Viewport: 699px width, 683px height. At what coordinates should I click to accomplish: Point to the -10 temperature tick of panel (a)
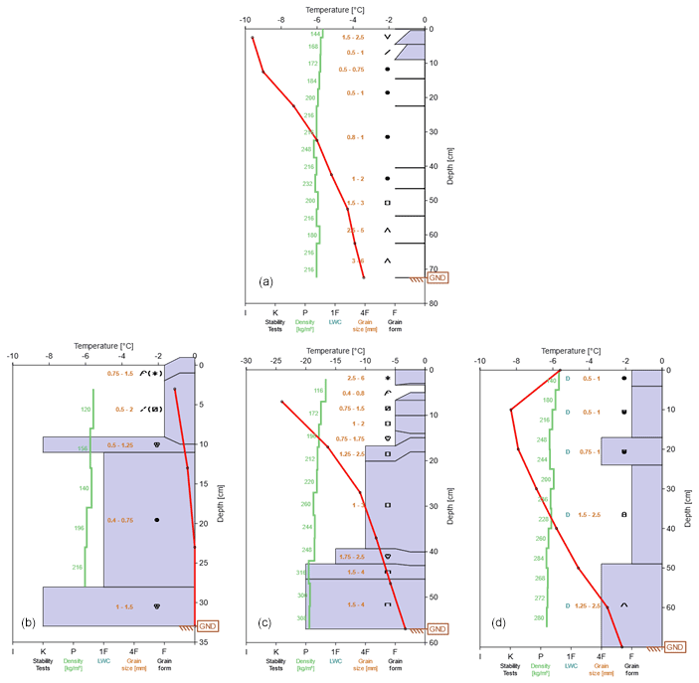coord(245,19)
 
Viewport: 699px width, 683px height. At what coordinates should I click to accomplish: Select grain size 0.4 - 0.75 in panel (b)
coord(123,520)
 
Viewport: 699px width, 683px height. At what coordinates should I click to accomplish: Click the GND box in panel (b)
coord(207,625)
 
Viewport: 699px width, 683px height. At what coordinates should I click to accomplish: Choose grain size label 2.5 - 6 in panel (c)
coord(356,379)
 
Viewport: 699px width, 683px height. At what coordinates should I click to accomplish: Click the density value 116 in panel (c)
coord(319,391)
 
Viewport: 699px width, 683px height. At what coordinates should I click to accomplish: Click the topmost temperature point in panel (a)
coord(253,38)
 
